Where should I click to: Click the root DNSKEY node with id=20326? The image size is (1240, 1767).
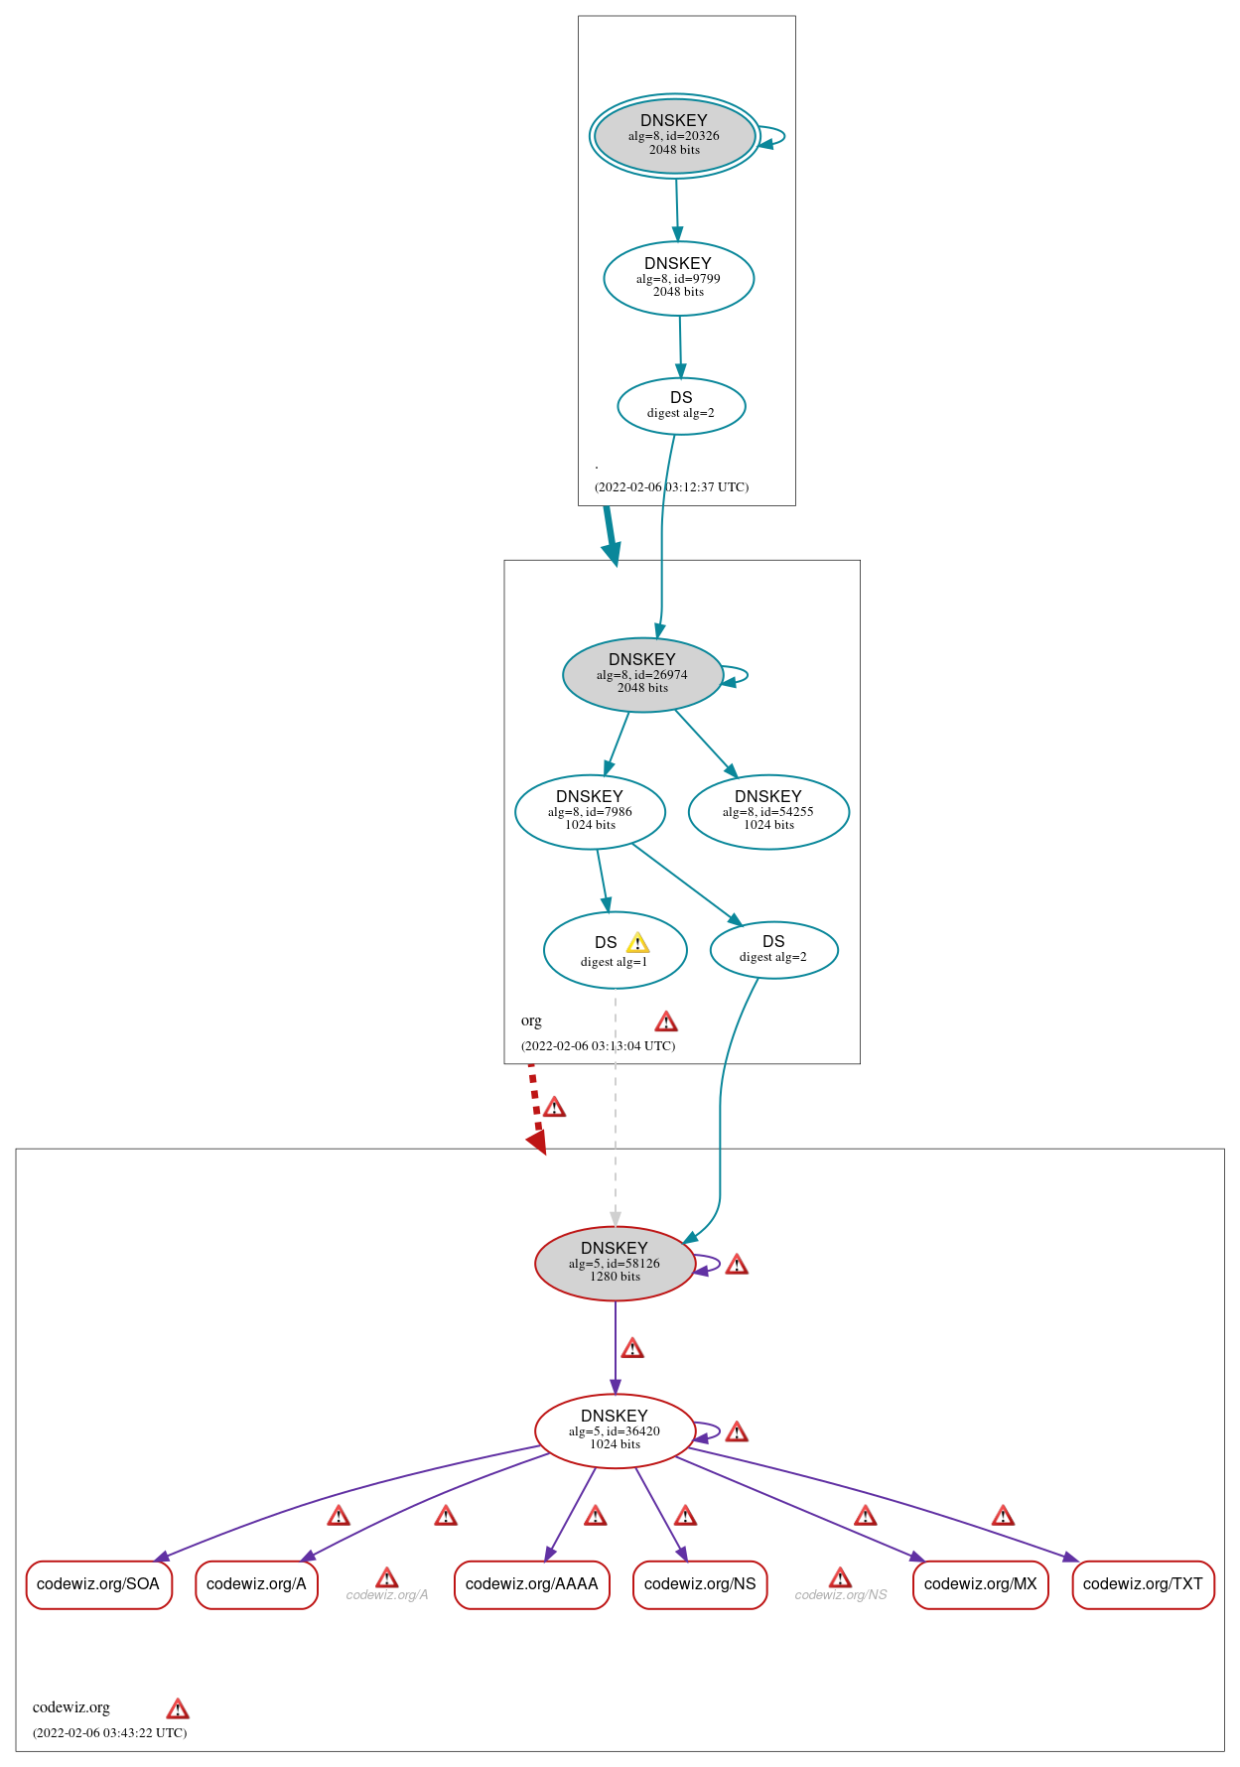tap(674, 136)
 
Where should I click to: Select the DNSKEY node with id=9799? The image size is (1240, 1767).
tap(678, 278)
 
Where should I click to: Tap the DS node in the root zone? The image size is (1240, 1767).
tap(681, 405)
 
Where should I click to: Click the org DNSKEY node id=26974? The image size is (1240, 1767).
tap(642, 674)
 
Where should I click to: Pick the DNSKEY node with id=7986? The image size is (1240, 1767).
tap(590, 811)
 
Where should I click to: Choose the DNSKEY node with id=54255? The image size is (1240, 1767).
tap(768, 811)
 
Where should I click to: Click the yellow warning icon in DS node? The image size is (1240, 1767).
tap(637, 943)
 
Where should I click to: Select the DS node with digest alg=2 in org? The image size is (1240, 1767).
tap(773, 949)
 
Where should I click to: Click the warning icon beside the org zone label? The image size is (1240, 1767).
tap(666, 1021)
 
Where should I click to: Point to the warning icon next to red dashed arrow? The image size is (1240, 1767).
tap(554, 1107)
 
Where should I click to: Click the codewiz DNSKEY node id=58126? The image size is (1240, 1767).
tap(615, 1263)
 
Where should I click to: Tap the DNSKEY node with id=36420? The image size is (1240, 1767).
tap(615, 1430)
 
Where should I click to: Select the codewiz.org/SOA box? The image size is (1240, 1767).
tap(98, 1583)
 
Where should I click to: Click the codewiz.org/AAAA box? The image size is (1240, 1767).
tap(531, 1583)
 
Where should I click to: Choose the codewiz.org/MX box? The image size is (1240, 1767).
tap(980, 1583)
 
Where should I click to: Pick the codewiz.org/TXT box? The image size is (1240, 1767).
tap(1143, 1583)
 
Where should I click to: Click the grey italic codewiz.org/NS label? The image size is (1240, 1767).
tap(841, 1594)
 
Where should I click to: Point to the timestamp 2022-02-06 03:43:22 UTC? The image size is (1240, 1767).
tap(110, 1732)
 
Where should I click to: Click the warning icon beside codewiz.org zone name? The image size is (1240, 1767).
tap(178, 1708)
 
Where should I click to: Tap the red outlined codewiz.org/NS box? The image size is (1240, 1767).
tap(700, 1583)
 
